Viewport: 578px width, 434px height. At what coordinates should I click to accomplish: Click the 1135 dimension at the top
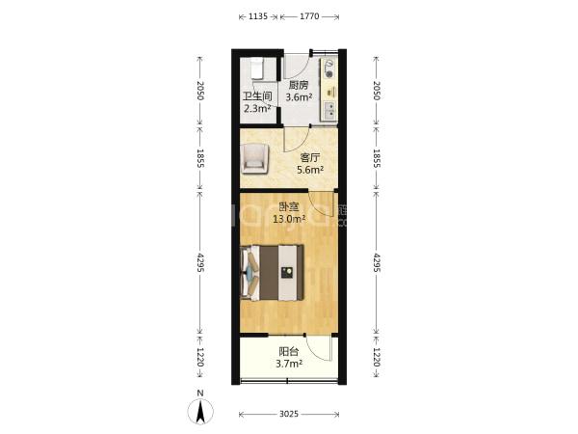click(258, 16)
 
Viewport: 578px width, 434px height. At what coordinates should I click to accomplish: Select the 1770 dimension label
click(309, 16)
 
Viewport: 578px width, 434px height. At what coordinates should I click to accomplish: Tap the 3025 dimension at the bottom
click(289, 414)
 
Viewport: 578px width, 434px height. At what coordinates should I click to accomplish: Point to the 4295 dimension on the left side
click(200, 262)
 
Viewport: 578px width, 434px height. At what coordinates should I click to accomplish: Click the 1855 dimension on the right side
click(377, 158)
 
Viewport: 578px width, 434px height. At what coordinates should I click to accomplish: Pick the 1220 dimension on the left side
click(200, 357)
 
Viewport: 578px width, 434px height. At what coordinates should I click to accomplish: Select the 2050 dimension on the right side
click(377, 91)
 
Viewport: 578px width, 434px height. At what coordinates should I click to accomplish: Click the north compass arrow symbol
click(200, 412)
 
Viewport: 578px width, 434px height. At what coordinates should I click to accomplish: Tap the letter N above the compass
click(200, 393)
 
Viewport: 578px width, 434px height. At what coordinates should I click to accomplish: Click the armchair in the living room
click(254, 159)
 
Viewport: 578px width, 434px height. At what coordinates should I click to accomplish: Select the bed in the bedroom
click(272, 272)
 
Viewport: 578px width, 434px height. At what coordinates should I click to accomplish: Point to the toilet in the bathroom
click(257, 68)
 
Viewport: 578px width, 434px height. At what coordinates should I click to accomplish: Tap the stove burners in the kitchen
click(328, 69)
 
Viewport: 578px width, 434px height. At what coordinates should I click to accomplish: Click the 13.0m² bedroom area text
click(289, 219)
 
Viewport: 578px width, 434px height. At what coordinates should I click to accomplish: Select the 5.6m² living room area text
click(310, 170)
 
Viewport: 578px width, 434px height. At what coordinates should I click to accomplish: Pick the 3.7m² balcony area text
click(289, 364)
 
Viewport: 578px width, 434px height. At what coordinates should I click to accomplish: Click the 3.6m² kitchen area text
click(300, 97)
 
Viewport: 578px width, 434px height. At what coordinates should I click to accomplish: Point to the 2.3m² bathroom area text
click(257, 108)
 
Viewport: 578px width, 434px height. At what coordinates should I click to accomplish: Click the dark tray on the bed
click(287, 273)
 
